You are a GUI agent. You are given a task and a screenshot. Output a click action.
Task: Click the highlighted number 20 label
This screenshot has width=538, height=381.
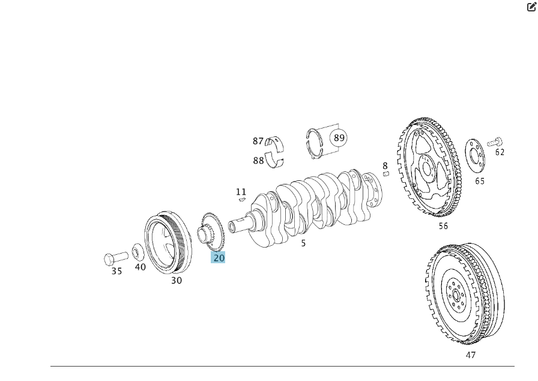(x=218, y=257)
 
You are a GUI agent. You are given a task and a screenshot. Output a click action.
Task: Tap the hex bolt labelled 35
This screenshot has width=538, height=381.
(x=116, y=258)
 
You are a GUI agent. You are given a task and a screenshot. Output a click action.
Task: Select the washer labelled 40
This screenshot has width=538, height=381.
(x=138, y=252)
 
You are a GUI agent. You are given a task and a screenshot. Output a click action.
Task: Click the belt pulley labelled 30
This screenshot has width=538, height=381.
(x=168, y=242)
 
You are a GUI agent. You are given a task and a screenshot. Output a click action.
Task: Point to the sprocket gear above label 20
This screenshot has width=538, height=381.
(x=211, y=232)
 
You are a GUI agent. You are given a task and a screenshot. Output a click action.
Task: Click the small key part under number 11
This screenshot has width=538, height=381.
(x=242, y=199)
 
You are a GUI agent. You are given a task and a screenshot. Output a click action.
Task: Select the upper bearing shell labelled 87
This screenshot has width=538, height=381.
(x=275, y=144)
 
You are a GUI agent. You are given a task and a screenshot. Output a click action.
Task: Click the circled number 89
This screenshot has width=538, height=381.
(x=339, y=138)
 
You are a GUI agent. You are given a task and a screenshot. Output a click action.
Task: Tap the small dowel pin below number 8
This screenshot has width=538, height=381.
(x=386, y=174)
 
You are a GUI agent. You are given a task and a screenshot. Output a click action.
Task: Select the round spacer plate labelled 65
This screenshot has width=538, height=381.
(x=475, y=156)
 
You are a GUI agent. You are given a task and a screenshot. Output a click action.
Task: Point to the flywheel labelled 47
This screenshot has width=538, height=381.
(x=465, y=294)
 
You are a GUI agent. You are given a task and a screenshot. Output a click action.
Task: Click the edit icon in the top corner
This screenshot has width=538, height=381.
(x=531, y=7)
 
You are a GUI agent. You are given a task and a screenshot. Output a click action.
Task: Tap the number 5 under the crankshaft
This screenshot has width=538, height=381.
(x=303, y=243)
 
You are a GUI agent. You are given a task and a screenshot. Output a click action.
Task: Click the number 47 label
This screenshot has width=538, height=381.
(x=471, y=355)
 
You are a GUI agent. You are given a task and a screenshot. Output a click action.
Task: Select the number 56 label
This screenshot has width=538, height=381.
(x=443, y=226)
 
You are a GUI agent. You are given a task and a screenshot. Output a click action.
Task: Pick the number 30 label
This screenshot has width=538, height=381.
(x=177, y=281)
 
